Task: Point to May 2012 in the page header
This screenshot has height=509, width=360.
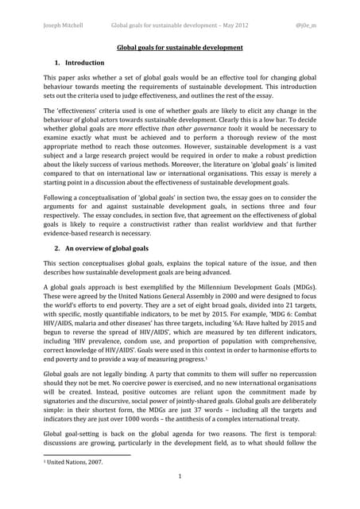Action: point(232,25)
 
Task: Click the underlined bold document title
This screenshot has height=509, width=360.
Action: point(180,48)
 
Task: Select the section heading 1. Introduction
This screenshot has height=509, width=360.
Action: point(79,62)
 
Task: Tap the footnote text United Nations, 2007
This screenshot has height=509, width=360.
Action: point(75,460)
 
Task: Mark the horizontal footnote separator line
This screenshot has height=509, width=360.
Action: point(87,454)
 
